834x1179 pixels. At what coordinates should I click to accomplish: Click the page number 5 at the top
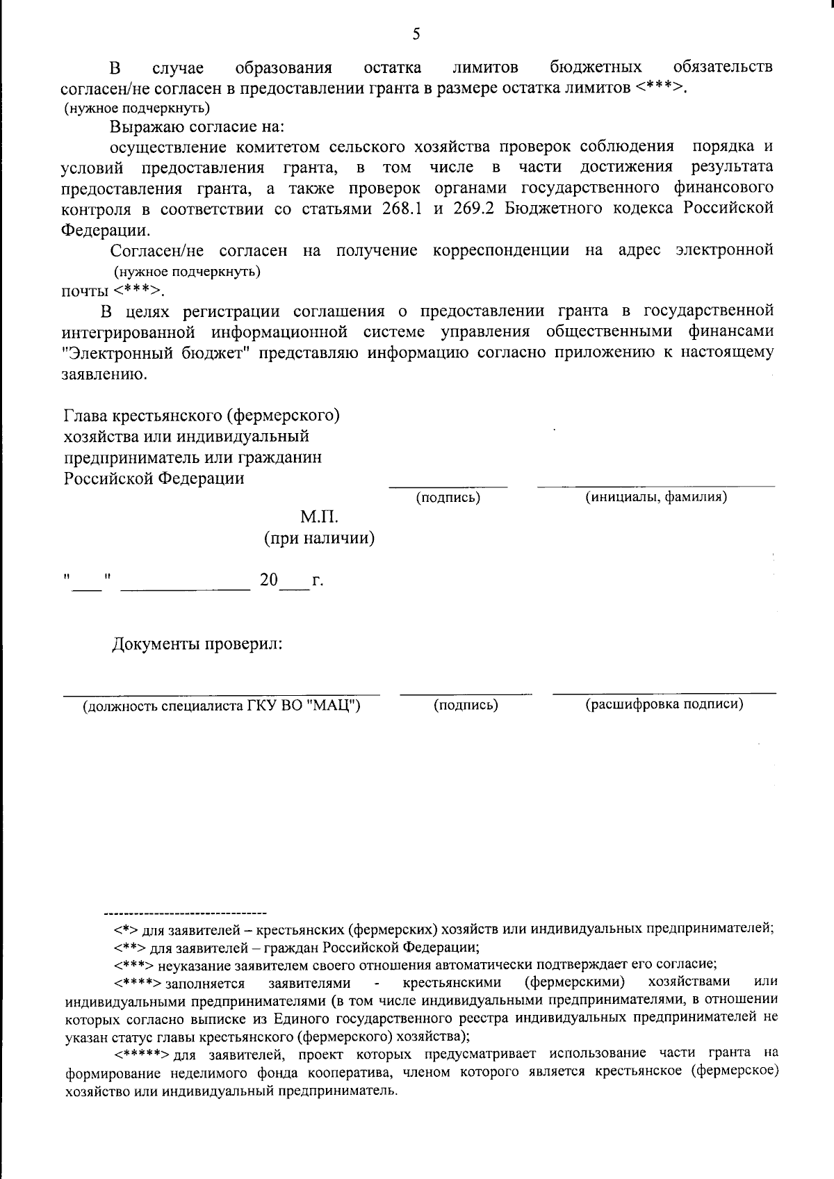pyautogui.click(x=416, y=33)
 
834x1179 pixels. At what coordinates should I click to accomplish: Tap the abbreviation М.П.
pyautogui.click(x=319, y=517)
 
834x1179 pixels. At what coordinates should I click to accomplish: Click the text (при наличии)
pyautogui.click(x=320, y=538)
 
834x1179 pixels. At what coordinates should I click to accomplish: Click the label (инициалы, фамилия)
pyautogui.click(x=656, y=497)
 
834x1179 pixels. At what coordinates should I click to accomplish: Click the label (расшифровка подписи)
pyautogui.click(x=664, y=704)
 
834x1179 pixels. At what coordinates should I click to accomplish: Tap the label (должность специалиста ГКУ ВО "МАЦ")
pyautogui.click(x=222, y=706)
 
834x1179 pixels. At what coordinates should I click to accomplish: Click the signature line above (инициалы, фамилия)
pyautogui.click(x=656, y=485)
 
